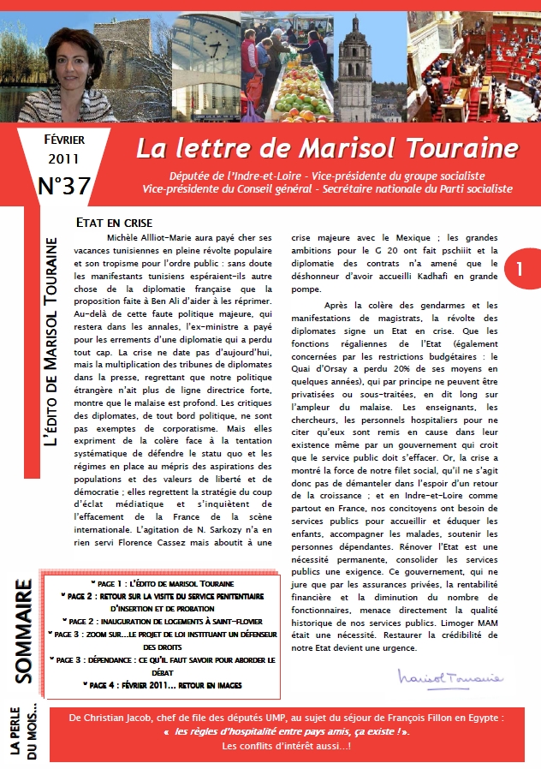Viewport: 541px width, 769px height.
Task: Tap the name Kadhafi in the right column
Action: (x=448, y=276)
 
